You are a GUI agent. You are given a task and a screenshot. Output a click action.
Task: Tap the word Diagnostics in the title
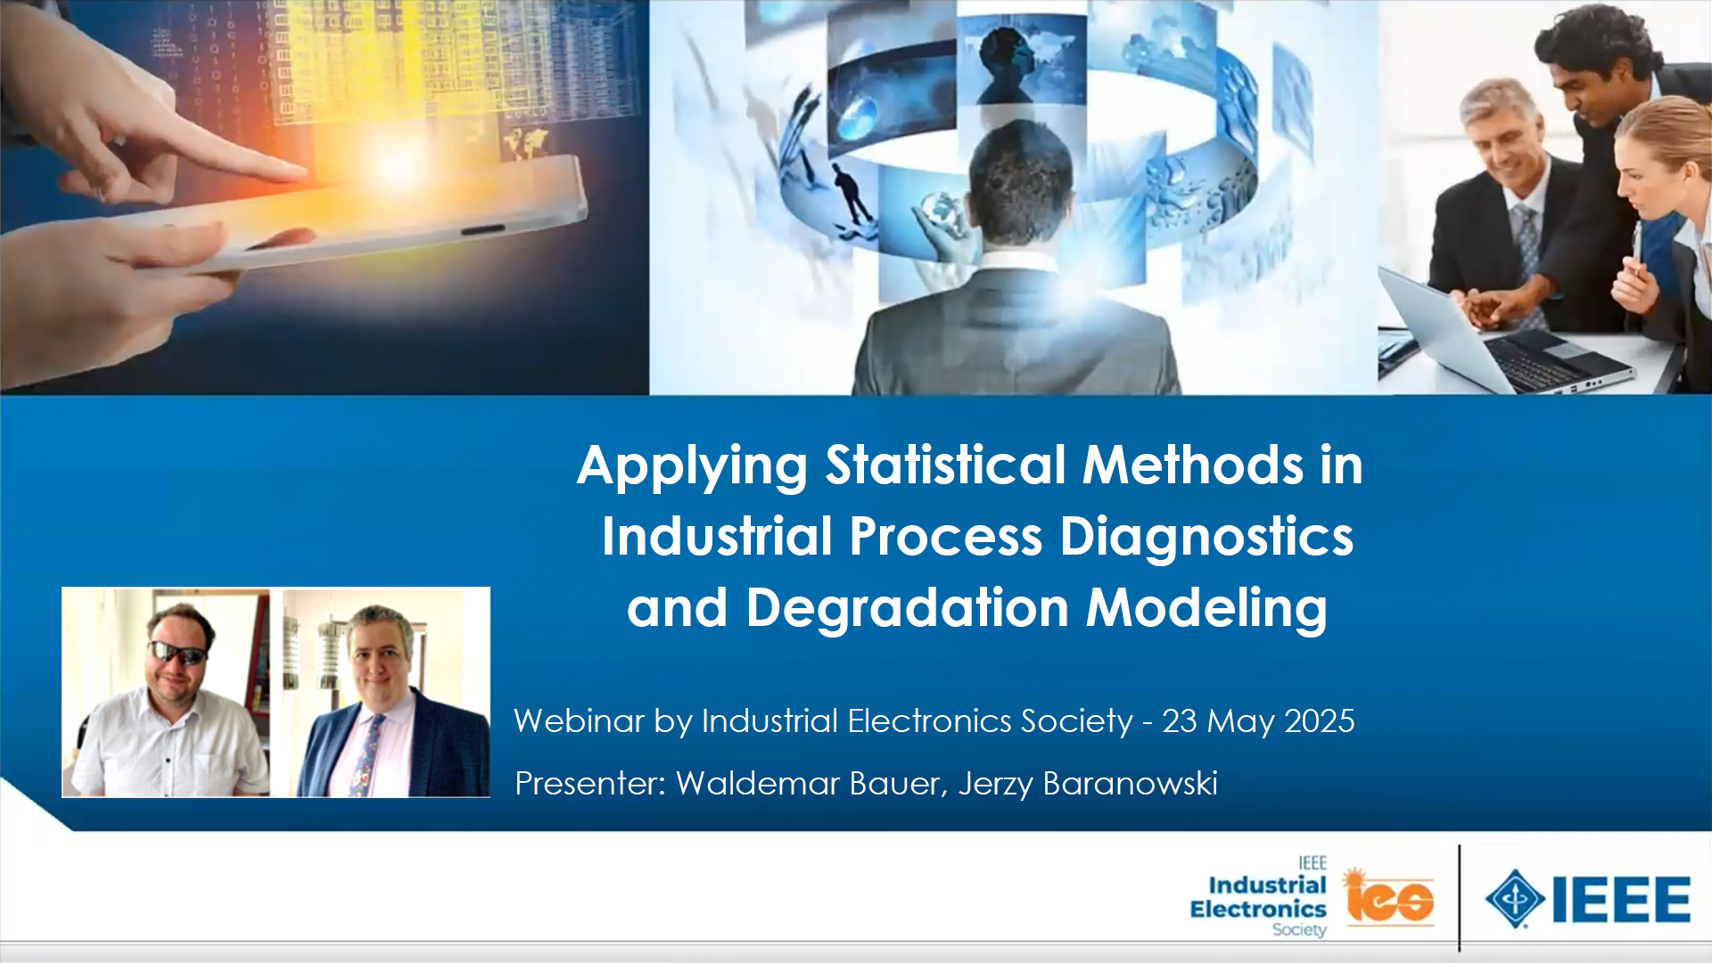1206,537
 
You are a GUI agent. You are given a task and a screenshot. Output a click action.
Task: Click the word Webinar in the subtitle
579,720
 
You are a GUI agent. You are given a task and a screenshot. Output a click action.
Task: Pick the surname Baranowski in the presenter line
1130,783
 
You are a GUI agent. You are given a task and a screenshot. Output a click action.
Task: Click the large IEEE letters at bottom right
1620,899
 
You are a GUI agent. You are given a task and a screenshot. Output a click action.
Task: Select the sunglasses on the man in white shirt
177,654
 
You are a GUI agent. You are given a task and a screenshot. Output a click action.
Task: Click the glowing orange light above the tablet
392,160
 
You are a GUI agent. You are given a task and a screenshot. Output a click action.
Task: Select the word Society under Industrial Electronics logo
1299,930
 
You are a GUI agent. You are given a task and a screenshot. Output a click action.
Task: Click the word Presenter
590,783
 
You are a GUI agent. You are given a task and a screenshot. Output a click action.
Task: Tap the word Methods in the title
1193,465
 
